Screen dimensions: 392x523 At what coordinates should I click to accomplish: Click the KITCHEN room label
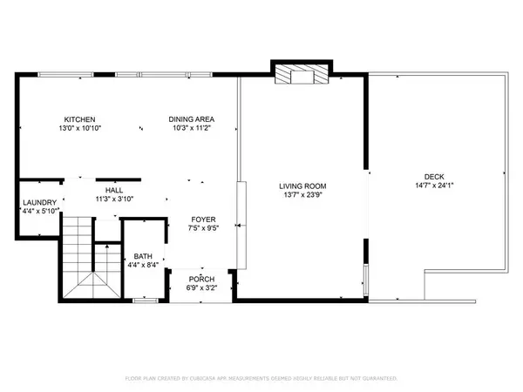(78, 119)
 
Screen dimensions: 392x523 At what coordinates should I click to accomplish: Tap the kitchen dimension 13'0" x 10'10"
(78, 129)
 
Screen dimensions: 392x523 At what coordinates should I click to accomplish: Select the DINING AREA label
(191, 119)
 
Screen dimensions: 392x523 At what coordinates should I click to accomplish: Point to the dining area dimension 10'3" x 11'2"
(191, 129)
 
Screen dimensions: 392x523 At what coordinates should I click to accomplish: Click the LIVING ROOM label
(302, 186)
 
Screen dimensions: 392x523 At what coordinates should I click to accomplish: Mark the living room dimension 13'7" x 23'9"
(302, 196)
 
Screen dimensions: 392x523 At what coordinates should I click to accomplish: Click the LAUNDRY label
(39, 202)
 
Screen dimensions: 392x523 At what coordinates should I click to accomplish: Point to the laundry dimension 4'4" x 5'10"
(39, 211)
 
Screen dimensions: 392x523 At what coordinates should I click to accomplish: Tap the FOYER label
(204, 220)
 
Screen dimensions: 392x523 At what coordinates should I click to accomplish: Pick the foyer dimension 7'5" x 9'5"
(204, 229)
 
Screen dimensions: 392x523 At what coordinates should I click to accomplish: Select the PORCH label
(200, 278)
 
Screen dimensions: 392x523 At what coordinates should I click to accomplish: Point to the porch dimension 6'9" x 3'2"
(200, 287)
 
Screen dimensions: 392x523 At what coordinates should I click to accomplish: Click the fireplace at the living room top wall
(301, 77)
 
